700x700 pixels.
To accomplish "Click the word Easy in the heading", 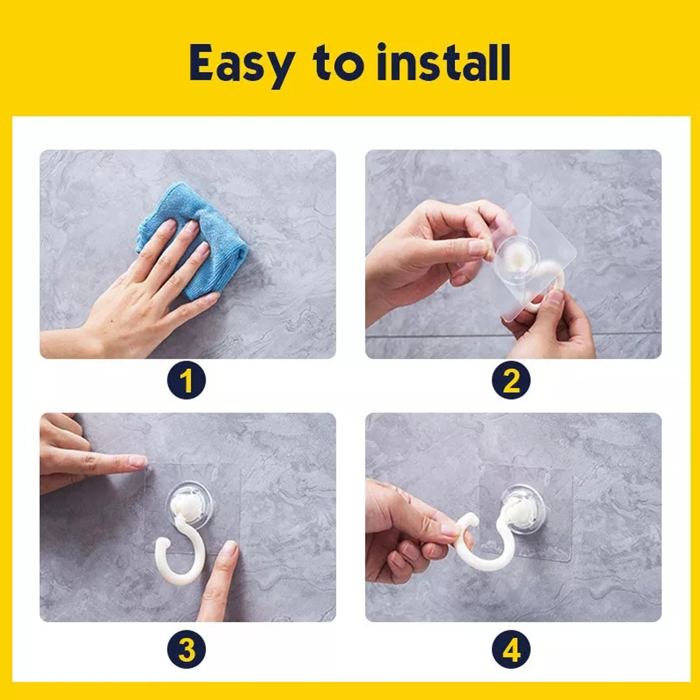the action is tap(241, 65).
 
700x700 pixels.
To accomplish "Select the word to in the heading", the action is tap(338, 63).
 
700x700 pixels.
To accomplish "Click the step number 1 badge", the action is tap(186, 380).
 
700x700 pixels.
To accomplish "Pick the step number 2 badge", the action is tap(511, 380).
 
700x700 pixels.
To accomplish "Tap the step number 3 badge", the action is tap(186, 649).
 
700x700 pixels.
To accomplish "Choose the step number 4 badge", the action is tap(511, 649).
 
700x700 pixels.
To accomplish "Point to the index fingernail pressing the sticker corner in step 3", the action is tap(138, 460).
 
